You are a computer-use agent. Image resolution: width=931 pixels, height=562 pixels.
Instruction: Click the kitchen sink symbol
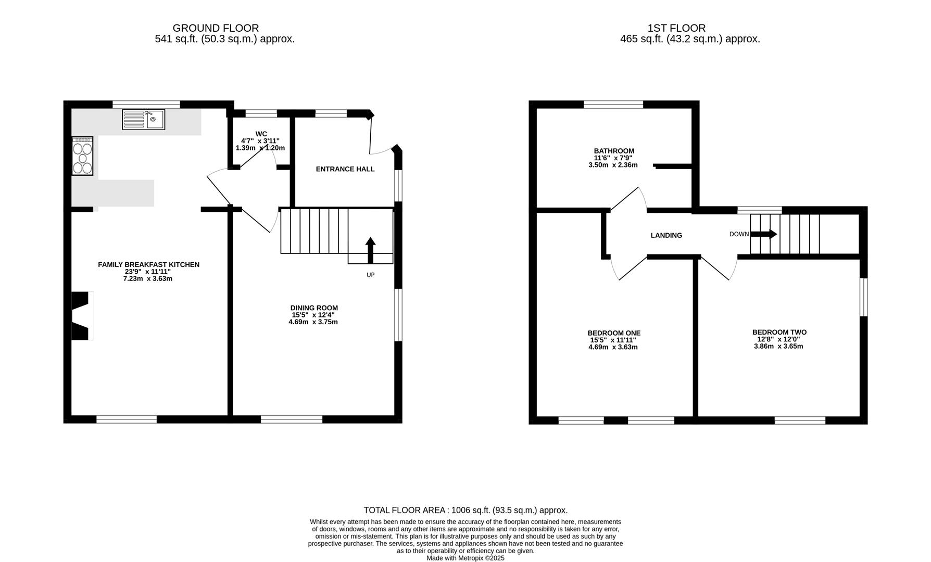[x=144, y=119]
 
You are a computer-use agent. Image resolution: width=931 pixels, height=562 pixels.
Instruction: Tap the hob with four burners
[x=83, y=156]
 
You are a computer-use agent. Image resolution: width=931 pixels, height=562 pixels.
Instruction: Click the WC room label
[x=261, y=134]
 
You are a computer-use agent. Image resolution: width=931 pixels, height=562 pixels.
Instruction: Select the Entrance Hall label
[x=345, y=169]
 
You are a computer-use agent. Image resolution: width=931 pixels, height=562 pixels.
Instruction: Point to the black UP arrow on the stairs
[x=370, y=250]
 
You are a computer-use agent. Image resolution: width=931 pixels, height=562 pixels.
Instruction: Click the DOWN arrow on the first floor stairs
[x=763, y=234]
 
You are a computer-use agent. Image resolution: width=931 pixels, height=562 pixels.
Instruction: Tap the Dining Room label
[x=314, y=308]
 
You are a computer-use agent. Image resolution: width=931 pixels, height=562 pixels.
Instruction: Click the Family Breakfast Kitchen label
[x=148, y=265]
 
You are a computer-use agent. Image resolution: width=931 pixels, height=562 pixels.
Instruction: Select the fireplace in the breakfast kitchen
[x=82, y=316]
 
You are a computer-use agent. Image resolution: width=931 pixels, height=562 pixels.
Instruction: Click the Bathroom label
[x=614, y=151]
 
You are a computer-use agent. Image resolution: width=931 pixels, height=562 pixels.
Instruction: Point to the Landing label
[x=666, y=236]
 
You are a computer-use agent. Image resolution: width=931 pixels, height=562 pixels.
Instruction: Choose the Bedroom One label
[x=614, y=334]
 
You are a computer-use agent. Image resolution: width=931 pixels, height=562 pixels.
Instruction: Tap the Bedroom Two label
[x=779, y=333]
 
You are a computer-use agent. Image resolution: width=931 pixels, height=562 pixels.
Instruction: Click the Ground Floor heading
[x=216, y=28]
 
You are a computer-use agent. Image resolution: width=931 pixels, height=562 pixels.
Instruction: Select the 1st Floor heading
[x=676, y=28]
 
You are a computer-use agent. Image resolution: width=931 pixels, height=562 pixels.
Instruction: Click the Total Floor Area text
[x=465, y=510]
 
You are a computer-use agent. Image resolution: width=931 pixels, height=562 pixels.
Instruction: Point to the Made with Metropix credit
[x=465, y=558]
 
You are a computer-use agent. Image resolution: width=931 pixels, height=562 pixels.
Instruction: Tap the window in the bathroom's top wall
[x=613, y=105]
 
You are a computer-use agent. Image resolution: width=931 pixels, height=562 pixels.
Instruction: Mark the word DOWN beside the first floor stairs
[x=739, y=234]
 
